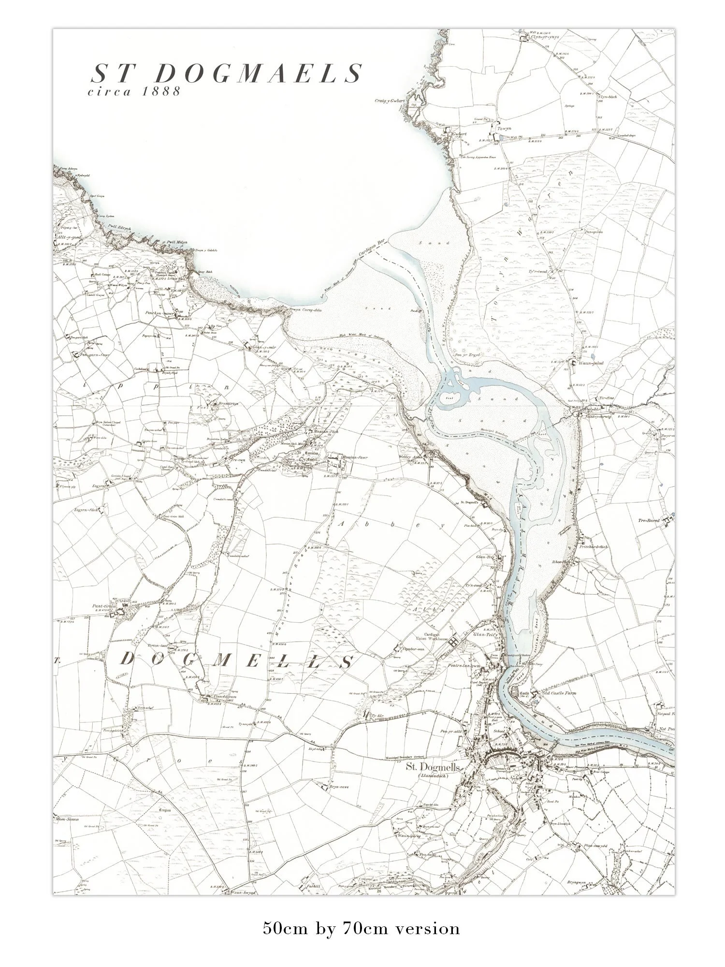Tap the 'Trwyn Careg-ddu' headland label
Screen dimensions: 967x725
(305, 310)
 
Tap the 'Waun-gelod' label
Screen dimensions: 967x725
(590, 363)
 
